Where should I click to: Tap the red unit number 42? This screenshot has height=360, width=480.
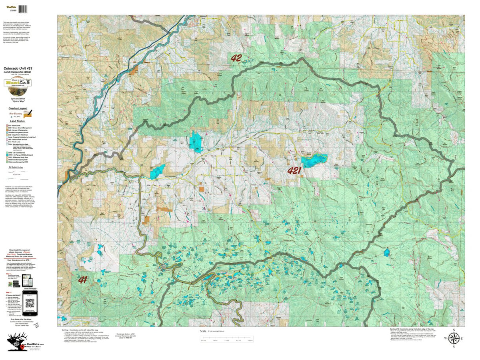tap(236, 58)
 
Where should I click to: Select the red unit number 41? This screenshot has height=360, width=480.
tap(82, 280)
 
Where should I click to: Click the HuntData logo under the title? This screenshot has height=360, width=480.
tap(18, 83)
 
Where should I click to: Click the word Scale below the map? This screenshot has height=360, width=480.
tap(203, 331)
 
